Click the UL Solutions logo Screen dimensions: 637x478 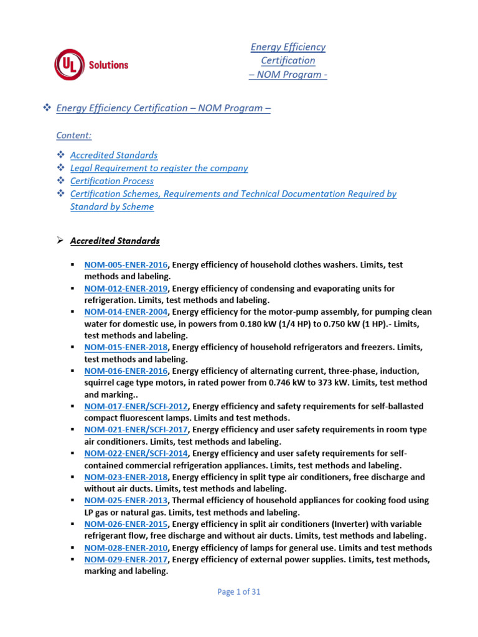coord(91,65)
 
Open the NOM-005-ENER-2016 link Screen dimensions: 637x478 coord(126,265)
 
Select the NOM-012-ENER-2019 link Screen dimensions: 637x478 coord(126,289)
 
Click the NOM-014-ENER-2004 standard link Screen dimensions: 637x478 coord(126,312)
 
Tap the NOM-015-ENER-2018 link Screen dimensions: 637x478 coord(126,348)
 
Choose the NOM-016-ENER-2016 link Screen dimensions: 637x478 coord(126,371)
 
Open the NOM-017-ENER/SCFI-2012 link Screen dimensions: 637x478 coord(136,407)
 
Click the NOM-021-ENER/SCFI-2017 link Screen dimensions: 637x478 coord(136,430)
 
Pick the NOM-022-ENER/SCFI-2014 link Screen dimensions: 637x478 coord(136,454)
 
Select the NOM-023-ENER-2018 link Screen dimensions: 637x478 coord(126,478)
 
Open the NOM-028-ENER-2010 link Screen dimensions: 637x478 coord(126,549)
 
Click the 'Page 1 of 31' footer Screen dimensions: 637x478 coord(239,592)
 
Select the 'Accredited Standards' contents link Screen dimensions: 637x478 coord(114,155)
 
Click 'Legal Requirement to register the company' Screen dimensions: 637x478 coord(159,168)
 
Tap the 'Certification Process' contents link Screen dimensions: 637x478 coord(112,181)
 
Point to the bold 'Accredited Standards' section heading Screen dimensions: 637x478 coord(115,241)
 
